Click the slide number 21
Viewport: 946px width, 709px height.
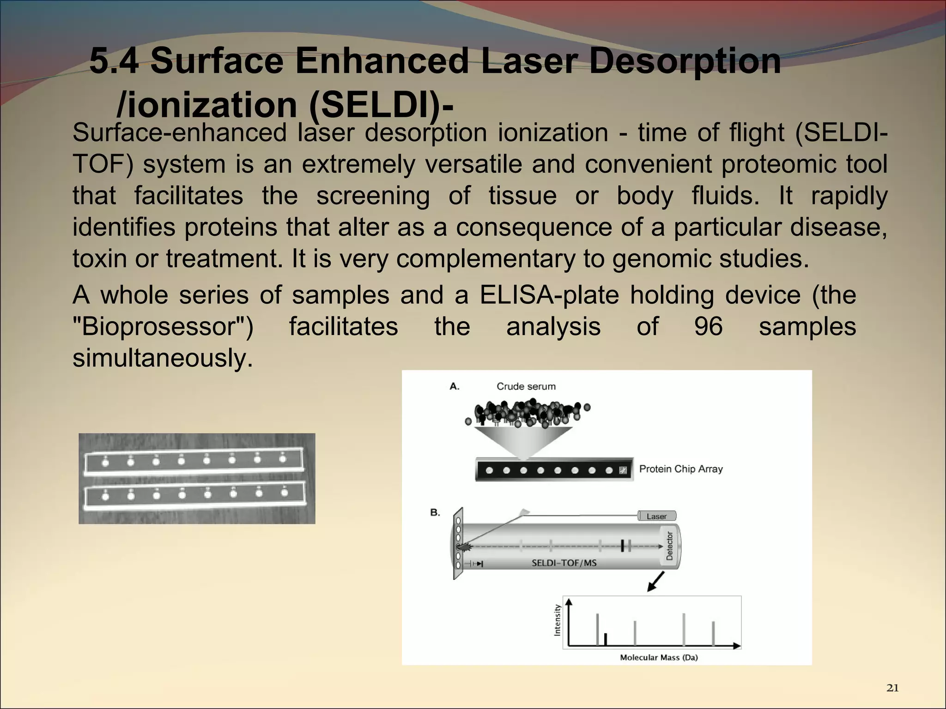[892, 688]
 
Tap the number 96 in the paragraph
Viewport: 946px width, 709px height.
[708, 327]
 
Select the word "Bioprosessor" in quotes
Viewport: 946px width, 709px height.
[163, 327]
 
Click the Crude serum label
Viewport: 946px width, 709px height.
[526, 386]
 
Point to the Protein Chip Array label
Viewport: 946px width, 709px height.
[680, 469]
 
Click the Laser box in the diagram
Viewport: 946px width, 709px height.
[656, 516]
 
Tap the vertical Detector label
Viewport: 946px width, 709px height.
[669, 546]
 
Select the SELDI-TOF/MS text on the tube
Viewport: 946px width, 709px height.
[564, 563]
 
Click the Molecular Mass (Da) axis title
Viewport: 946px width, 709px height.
[658, 657]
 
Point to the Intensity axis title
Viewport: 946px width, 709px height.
[557, 620]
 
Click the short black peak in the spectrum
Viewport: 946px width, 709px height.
[606, 639]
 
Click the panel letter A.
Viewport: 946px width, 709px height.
[454, 386]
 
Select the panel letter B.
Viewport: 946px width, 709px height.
[435, 512]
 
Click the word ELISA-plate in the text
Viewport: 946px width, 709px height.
[549, 295]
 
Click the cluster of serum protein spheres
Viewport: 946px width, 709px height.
[527, 413]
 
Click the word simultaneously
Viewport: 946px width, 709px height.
[163, 358]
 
